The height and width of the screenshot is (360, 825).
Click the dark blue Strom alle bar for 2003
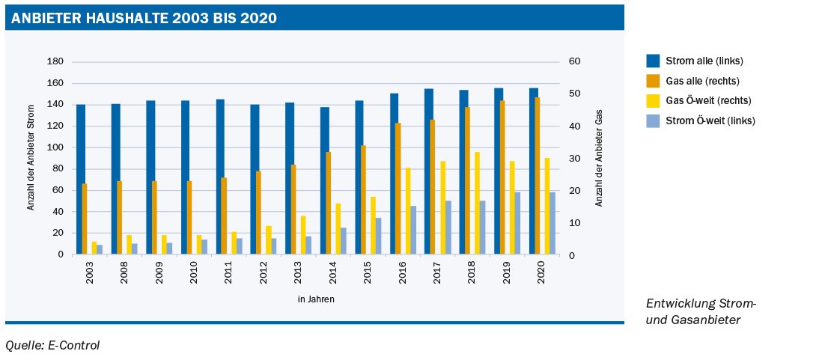click(80, 180)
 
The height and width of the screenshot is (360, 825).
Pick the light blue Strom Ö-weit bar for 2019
click(517, 223)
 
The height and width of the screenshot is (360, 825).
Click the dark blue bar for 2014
click(324, 180)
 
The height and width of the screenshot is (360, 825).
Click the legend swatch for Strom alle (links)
click(653, 61)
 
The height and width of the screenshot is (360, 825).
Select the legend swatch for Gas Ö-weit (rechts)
click(653, 100)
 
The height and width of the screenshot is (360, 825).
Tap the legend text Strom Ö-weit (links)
click(710, 120)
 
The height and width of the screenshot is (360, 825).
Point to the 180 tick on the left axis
click(56, 61)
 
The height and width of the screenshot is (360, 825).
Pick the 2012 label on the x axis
click(264, 272)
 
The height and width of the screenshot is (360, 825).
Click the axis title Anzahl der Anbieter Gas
click(599, 158)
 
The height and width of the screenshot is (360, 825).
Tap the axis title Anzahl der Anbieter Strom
click(31, 158)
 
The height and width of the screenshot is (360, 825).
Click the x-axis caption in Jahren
click(315, 299)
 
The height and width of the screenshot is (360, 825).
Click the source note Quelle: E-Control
click(52, 345)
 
